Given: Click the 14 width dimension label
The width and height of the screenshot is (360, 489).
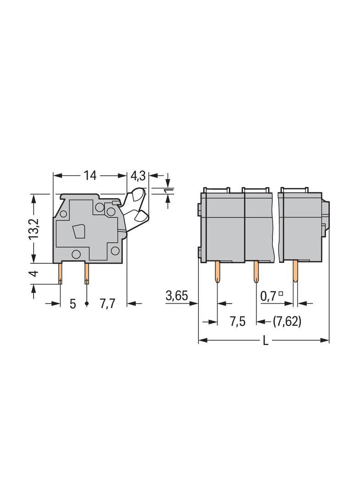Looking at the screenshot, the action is (90, 176).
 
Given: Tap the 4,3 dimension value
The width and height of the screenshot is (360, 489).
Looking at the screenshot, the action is (138, 176).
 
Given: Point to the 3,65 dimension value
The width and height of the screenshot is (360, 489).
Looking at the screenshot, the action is (177, 295).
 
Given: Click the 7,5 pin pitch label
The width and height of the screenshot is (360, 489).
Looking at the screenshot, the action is (237, 322).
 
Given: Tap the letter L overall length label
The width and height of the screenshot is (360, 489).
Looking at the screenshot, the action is (265, 340).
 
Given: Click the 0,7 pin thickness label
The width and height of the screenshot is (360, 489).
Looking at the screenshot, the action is (269, 296).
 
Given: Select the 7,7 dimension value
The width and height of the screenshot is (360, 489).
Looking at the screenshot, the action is (108, 303).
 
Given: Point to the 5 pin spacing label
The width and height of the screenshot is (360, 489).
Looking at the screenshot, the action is (73, 304).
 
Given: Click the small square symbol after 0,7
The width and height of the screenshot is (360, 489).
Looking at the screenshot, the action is (281, 293).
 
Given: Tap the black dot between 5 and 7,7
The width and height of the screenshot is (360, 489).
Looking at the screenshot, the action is (87, 303).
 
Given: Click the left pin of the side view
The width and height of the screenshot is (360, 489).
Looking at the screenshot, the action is (60, 273).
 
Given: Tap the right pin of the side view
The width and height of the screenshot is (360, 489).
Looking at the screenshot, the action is (87, 273).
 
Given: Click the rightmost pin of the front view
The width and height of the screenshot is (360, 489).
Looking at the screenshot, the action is (295, 272).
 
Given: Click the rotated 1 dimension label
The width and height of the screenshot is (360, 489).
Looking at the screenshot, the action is (169, 191).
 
